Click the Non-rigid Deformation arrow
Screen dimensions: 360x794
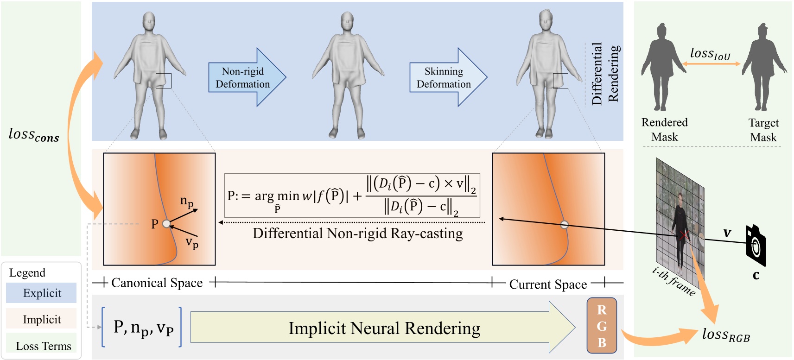click(246, 77)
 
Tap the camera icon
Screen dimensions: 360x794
click(755, 245)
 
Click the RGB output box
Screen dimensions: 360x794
click(602, 326)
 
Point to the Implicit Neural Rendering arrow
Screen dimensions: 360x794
click(383, 328)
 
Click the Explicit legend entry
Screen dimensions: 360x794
click(42, 293)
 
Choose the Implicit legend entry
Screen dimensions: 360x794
click(42, 319)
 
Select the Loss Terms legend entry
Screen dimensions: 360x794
click(43, 346)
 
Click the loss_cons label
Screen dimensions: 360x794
click(34, 135)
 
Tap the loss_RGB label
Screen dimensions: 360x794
click(726, 335)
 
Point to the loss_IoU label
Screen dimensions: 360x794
click(710, 54)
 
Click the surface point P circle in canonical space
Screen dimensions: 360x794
click(166, 224)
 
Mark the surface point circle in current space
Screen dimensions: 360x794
click(564, 225)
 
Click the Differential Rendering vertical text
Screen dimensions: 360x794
click(605, 73)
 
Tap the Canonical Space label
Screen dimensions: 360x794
click(157, 283)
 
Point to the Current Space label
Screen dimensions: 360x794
click(548, 284)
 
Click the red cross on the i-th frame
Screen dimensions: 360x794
click(683, 235)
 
